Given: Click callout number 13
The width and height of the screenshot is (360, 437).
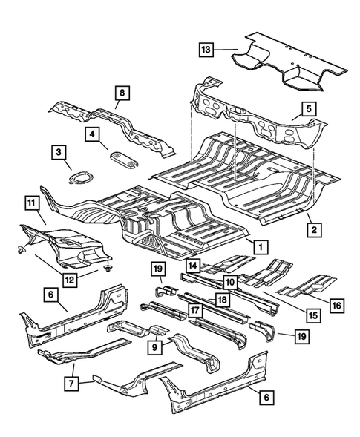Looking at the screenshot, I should pos(206,50).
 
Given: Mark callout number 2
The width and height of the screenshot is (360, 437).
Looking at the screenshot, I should pos(314,231).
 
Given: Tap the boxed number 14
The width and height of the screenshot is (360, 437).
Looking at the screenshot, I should pos(193,265).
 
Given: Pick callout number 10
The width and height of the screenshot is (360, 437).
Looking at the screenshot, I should pos(231,282).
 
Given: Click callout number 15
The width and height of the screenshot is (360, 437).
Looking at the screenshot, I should pos(314,315).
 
